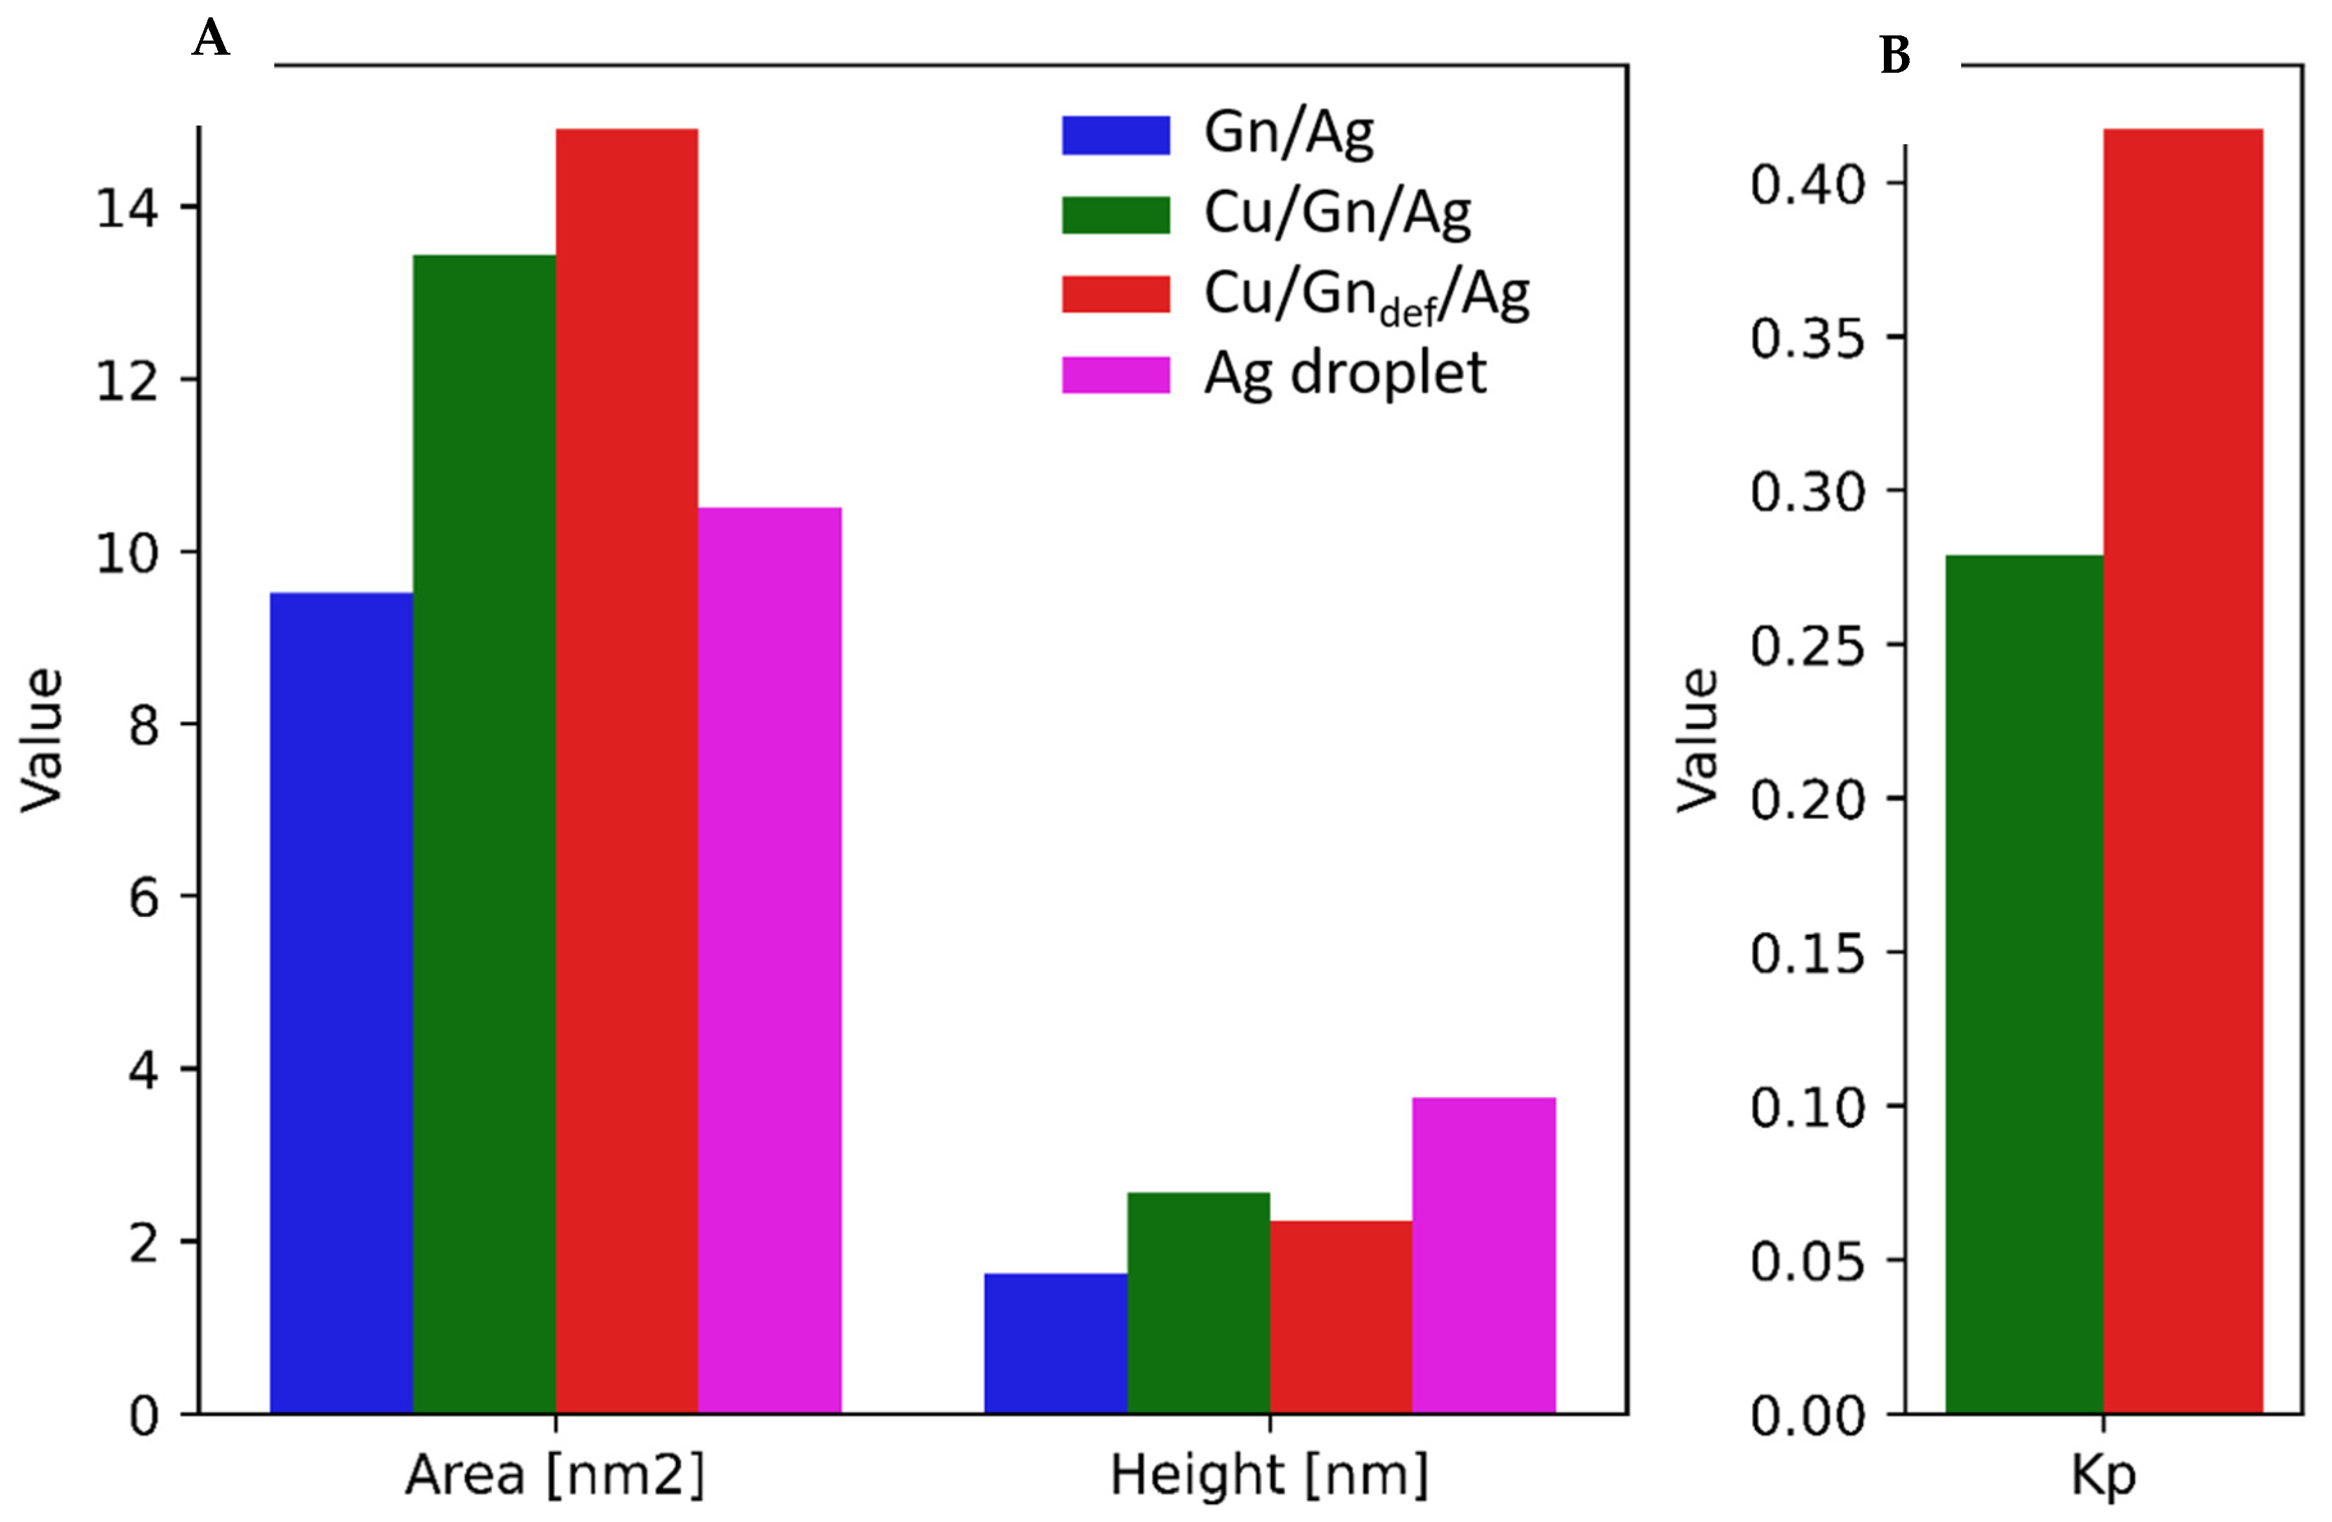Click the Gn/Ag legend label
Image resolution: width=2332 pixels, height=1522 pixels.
(x=1288, y=132)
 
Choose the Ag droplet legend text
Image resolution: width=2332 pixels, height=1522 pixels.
(x=1344, y=373)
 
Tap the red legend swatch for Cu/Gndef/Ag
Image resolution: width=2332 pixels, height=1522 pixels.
(x=1116, y=294)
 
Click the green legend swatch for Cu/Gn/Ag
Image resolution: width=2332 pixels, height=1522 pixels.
(x=1116, y=214)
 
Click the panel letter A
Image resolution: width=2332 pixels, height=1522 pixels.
(x=212, y=39)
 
